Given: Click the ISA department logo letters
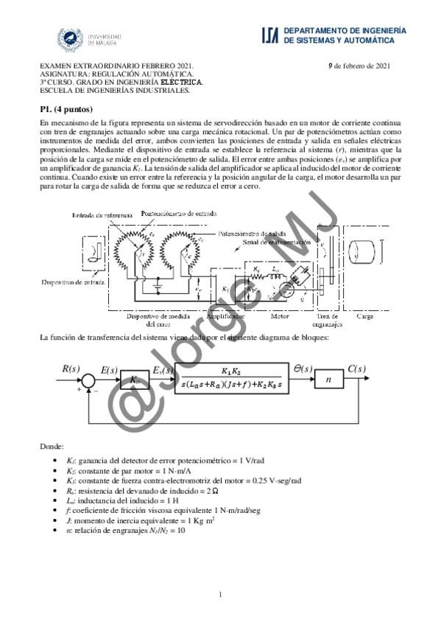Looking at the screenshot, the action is pos(269,34).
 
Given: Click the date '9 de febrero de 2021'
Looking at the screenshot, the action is pos(359,66).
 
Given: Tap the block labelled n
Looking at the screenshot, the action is pos(329,380).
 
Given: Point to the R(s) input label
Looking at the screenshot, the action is pos(71,368).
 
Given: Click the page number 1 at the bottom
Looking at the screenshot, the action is pos(220,594).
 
